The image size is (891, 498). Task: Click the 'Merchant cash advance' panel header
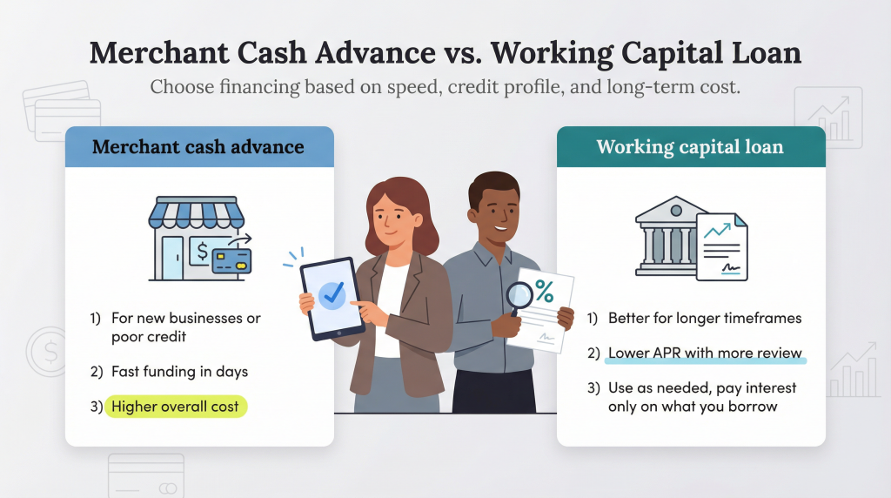[198, 146]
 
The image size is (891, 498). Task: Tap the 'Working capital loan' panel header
[690, 146]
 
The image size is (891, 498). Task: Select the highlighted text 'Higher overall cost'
[175, 407]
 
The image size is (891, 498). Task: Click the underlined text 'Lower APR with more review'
[706, 353]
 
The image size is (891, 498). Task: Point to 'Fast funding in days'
[179, 372]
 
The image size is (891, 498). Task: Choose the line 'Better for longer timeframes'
[705, 318]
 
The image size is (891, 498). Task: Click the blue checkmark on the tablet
[332, 295]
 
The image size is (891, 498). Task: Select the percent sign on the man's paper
[545, 293]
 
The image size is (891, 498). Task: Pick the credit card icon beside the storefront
[231, 259]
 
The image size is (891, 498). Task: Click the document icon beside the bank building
[721, 246]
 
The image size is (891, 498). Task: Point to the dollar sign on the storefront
[202, 252]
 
